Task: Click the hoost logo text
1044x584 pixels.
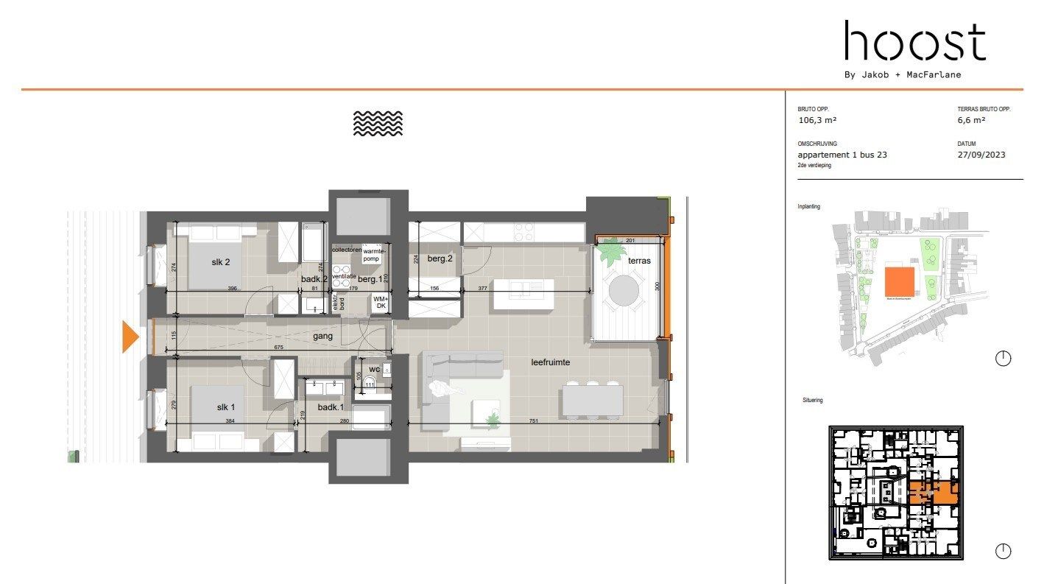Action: click(914, 41)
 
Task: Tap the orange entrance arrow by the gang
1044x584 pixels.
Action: click(130, 337)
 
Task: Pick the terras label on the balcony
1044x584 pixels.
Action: click(639, 261)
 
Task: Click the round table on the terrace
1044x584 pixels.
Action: click(624, 290)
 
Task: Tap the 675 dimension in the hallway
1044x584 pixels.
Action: click(279, 347)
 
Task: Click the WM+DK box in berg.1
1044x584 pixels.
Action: click(379, 302)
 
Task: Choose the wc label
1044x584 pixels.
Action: click(374, 368)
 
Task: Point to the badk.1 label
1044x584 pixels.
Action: click(331, 407)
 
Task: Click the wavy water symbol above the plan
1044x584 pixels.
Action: click(378, 123)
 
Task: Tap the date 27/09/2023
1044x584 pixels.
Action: click(981, 155)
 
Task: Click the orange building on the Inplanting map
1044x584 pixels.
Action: click(899, 282)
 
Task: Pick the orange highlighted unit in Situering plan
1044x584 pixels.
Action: click(933, 491)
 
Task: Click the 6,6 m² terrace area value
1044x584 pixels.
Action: click(971, 120)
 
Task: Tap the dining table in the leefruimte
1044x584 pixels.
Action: click(593, 400)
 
